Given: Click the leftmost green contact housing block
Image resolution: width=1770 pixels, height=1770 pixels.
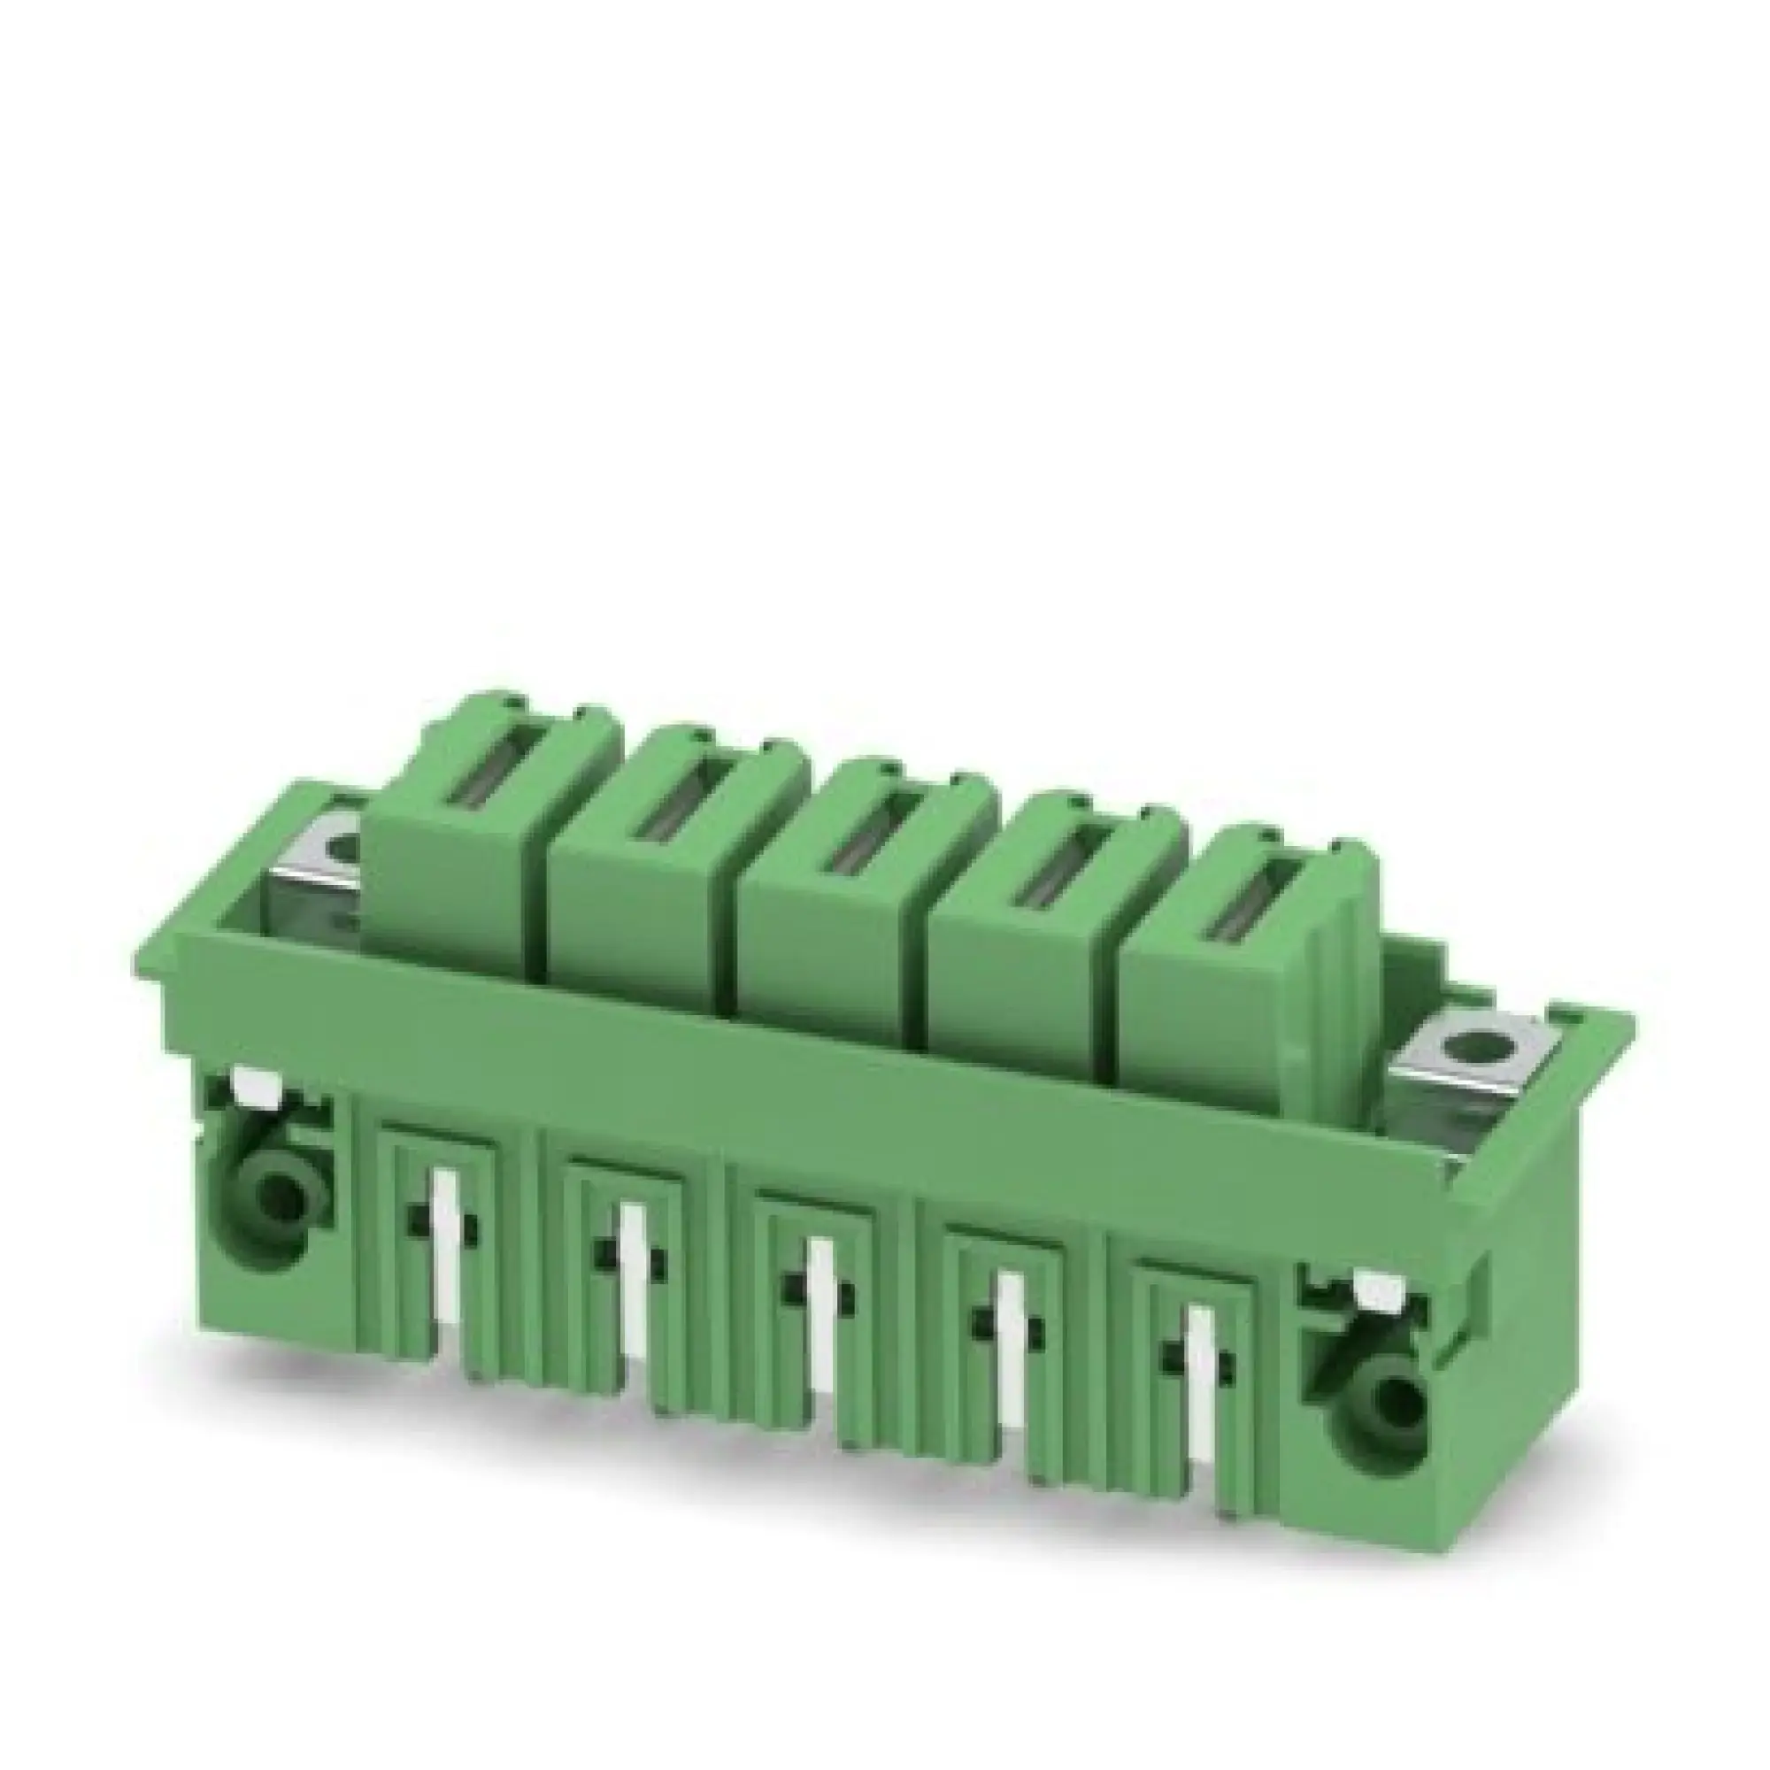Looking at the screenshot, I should click(x=458, y=870).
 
